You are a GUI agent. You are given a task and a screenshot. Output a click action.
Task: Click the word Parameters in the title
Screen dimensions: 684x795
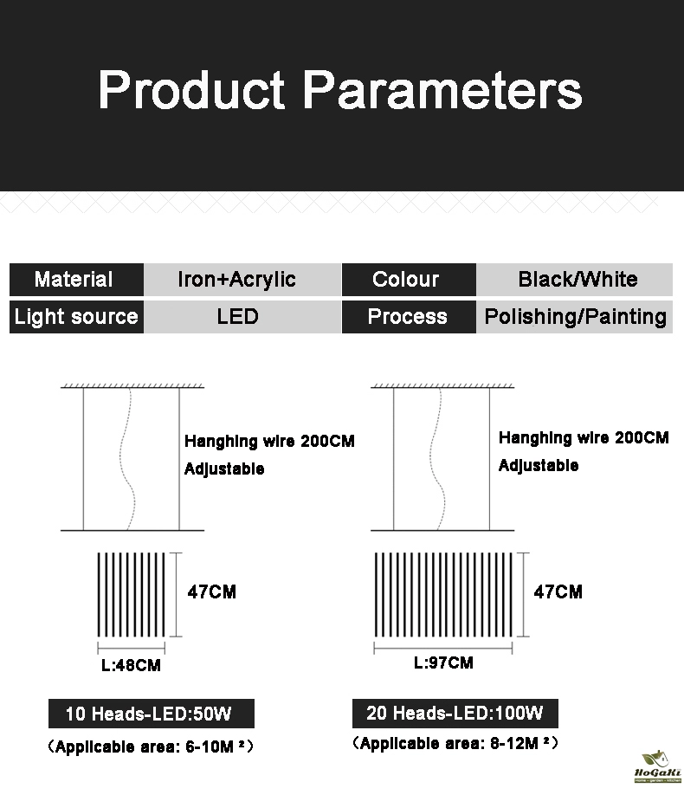(x=442, y=90)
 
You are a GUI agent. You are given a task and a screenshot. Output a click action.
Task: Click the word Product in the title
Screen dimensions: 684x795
(x=191, y=90)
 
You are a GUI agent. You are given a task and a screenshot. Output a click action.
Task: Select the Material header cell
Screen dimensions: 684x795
(x=76, y=280)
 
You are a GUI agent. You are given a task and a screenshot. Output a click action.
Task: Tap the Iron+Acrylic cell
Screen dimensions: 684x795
(x=242, y=280)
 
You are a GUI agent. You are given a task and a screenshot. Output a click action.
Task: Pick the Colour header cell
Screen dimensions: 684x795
(x=409, y=280)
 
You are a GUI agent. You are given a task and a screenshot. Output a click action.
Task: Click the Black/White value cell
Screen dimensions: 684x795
(x=575, y=280)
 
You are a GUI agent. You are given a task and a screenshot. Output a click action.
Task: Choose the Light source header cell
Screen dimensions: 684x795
(x=76, y=317)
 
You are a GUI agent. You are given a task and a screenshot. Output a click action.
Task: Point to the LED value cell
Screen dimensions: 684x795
(x=242, y=317)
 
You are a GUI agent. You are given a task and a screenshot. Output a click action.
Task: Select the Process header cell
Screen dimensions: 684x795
(x=409, y=317)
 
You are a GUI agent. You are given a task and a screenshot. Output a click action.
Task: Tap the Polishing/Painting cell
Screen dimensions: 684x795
(x=575, y=317)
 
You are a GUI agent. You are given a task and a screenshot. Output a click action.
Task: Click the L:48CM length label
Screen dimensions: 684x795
(x=131, y=665)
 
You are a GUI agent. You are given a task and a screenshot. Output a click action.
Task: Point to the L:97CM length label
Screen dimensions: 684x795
(x=443, y=662)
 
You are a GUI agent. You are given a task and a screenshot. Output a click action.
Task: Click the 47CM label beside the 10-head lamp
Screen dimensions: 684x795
(x=212, y=591)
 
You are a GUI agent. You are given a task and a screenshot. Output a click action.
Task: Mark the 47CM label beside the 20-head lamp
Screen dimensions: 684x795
(x=558, y=591)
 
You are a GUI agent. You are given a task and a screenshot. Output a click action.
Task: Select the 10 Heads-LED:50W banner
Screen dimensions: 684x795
(x=152, y=714)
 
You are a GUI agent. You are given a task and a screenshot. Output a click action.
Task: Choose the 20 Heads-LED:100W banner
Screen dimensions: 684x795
(x=455, y=713)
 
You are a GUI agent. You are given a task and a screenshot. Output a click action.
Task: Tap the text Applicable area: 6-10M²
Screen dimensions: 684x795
(x=151, y=747)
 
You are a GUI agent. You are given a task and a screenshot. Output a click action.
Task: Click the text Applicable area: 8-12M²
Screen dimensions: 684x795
(x=455, y=743)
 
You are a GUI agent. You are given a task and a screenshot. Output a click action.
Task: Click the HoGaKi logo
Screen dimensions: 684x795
(x=658, y=767)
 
